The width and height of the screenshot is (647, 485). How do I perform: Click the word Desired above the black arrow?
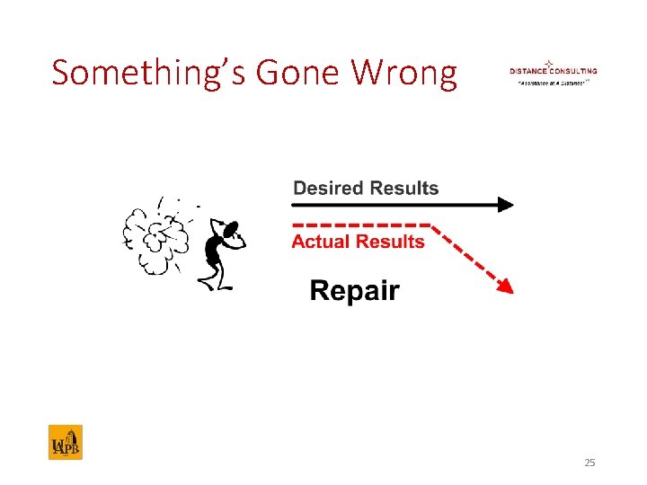[x=328, y=189]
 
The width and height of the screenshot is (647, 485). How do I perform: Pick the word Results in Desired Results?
[x=403, y=189]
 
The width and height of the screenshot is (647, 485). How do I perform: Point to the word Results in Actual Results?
[x=390, y=242]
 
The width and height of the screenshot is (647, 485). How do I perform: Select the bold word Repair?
[x=354, y=291]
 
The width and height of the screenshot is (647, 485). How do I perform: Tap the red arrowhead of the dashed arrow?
[x=506, y=287]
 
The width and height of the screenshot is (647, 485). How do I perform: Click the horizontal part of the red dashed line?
[x=359, y=224]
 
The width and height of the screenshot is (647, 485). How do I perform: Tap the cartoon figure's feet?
[x=216, y=286]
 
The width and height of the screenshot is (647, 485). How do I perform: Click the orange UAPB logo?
[x=65, y=442]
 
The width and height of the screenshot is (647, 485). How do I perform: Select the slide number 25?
[x=589, y=463]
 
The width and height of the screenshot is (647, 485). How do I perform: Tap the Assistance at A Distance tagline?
[x=551, y=82]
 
